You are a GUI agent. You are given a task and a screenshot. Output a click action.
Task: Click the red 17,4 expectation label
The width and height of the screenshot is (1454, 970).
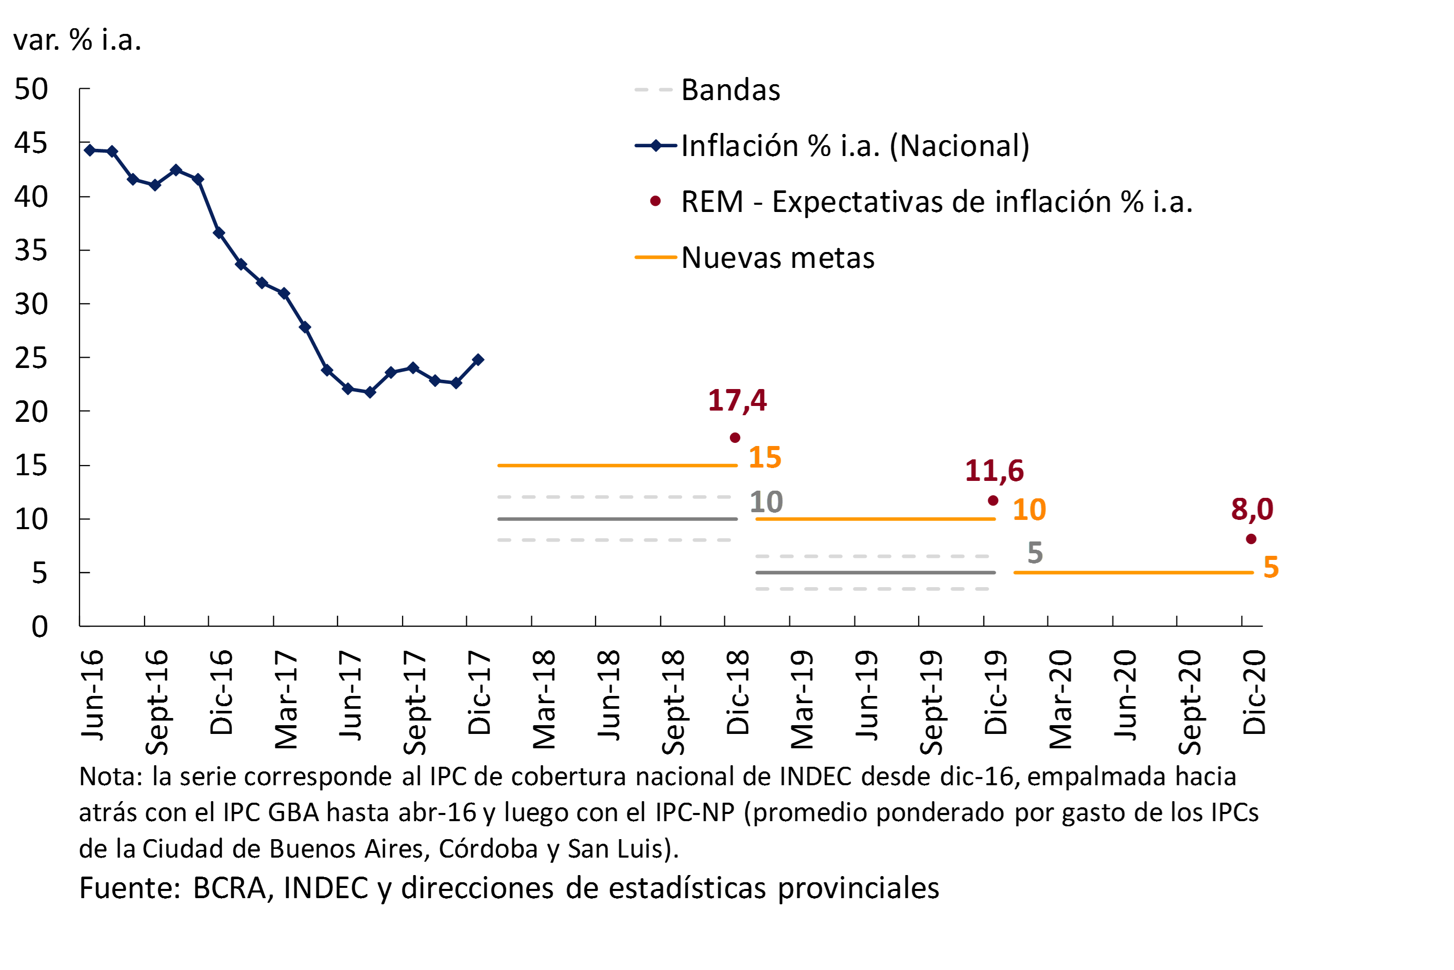(737, 400)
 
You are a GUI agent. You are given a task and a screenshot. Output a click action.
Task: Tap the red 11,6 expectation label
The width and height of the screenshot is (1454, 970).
(994, 471)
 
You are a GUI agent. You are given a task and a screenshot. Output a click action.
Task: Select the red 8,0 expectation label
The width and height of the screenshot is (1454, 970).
(1252, 509)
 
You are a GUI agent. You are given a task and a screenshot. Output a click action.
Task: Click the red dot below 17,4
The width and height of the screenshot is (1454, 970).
(735, 438)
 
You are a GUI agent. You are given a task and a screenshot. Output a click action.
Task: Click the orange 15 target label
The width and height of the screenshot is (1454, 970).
(765, 457)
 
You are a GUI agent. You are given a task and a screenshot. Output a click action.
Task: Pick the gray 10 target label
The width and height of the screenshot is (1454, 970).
(766, 502)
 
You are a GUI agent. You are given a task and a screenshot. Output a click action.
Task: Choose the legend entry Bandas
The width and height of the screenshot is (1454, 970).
(730, 90)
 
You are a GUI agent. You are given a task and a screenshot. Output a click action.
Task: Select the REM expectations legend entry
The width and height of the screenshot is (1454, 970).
(936, 202)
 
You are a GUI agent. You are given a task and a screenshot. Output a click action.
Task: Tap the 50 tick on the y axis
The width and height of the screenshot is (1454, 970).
(31, 90)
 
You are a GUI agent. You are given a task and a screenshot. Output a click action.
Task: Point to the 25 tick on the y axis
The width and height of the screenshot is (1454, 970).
(31, 358)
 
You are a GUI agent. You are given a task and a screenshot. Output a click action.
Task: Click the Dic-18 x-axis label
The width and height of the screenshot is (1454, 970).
(738, 692)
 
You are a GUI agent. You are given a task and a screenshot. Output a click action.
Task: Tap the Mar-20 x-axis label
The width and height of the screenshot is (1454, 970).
(1061, 699)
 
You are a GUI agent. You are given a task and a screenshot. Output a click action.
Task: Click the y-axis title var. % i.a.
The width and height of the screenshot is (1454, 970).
(77, 40)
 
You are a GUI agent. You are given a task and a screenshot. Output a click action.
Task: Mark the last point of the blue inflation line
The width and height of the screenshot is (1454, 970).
(478, 359)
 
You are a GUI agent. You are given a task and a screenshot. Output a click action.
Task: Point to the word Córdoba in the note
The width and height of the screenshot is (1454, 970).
(488, 849)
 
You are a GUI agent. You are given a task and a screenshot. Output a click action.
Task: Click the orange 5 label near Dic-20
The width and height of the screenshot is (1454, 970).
(1271, 567)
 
